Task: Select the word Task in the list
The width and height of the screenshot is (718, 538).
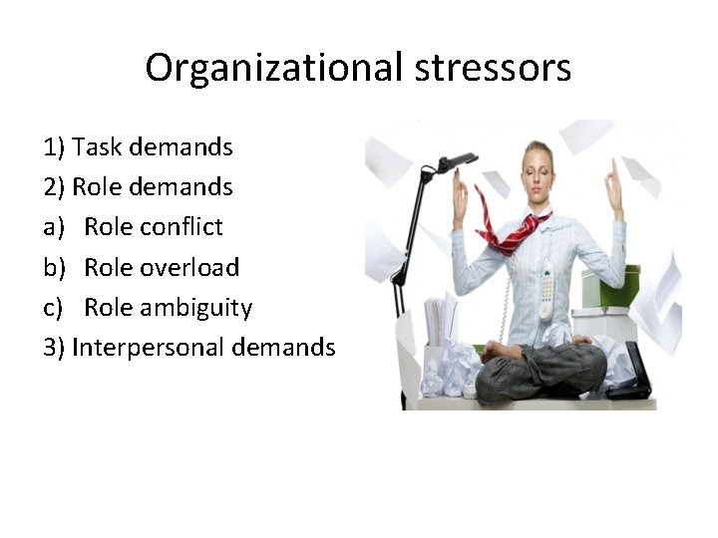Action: [96, 147]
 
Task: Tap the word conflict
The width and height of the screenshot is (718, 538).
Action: [180, 227]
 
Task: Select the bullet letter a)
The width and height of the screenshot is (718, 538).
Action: [55, 227]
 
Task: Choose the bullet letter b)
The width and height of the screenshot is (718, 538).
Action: [55, 267]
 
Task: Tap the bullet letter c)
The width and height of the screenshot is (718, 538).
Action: [55, 307]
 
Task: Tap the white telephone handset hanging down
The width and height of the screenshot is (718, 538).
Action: [545, 289]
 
